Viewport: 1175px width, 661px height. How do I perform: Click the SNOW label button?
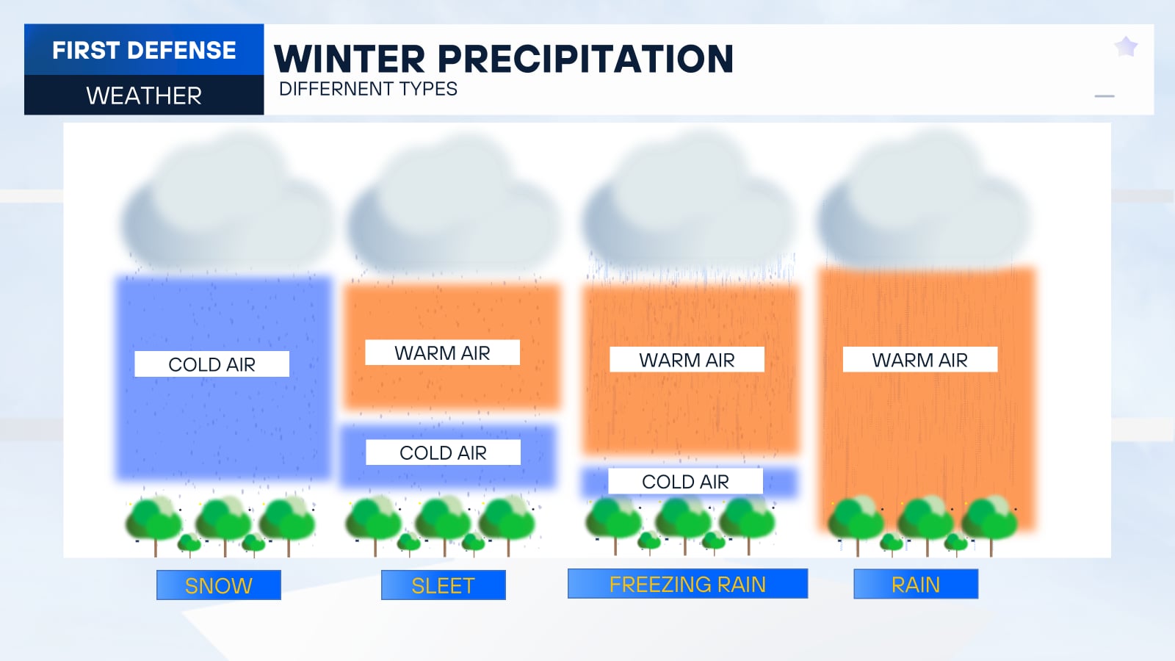coord(218,585)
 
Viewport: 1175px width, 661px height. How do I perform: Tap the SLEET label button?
coord(443,585)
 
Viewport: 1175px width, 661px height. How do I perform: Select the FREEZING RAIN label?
coord(687,584)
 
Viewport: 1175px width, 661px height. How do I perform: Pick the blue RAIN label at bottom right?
coord(916,585)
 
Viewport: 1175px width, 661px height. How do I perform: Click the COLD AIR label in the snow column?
coord(211,364)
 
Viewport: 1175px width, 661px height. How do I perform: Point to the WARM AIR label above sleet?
coord(442,353)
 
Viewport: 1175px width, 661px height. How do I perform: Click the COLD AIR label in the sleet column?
coord(443,452)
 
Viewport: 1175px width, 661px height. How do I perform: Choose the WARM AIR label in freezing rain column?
coord(687,360)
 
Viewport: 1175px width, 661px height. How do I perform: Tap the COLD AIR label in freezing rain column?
coord(685,482)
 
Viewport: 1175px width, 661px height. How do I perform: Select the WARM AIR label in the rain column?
coord(919,360)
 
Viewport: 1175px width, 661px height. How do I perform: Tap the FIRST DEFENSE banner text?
coord(144,50)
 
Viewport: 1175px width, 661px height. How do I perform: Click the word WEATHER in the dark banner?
coord(144,95)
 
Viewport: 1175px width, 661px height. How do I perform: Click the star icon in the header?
coord(1126,47)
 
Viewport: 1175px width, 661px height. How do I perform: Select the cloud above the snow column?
coord(224,209)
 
